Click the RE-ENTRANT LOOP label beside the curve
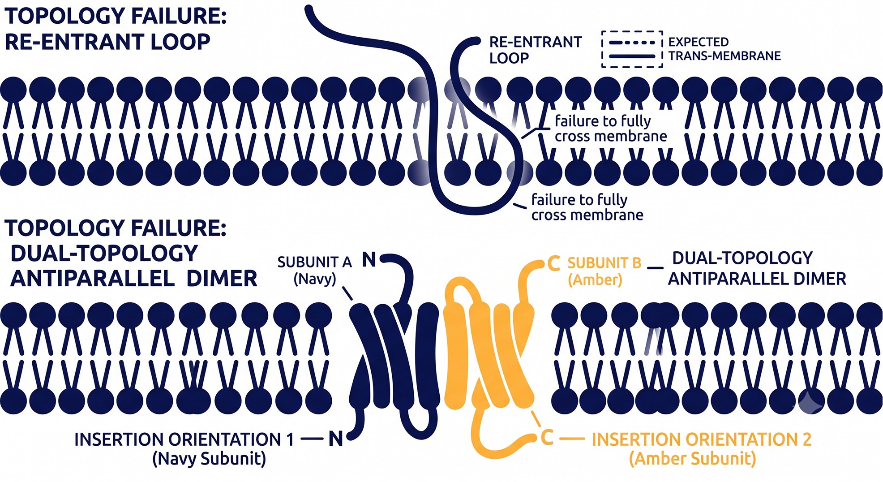pyautogui.click(x=536, y=50)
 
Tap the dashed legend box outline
pyautogui.click(x=632, y=32)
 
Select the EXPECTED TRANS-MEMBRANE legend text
pyautogui.click(x=724, y=49)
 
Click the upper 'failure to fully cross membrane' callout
pyautogui.click(x=611, y=128)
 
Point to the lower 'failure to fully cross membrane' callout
pyautogui.click(x=587, y=207)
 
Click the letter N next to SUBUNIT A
pyautogui.click(x=369, y=260)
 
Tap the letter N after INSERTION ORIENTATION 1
pyautogui.click(x=336, y=439)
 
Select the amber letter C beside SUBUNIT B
pyautogui.click(x=554, y=263)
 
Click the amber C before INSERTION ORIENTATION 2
pyautogui.click(x=547, y=438)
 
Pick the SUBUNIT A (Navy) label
pyautogui.click(x=314, y=270)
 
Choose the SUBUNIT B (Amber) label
pyautogui.click(x=604, y=271)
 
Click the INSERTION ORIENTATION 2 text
pyautogui.click(x=702, y=439)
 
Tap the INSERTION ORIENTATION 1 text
pyautogui.click(x=184, y=439)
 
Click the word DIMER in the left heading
pyautogui.click(x=222, y=279)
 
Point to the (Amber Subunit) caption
pyautogui.click(x=692, y=459)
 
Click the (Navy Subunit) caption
pyautogui.click(x=209, y=459)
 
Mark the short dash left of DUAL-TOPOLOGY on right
pyautogui.click(x=656, y=268)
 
